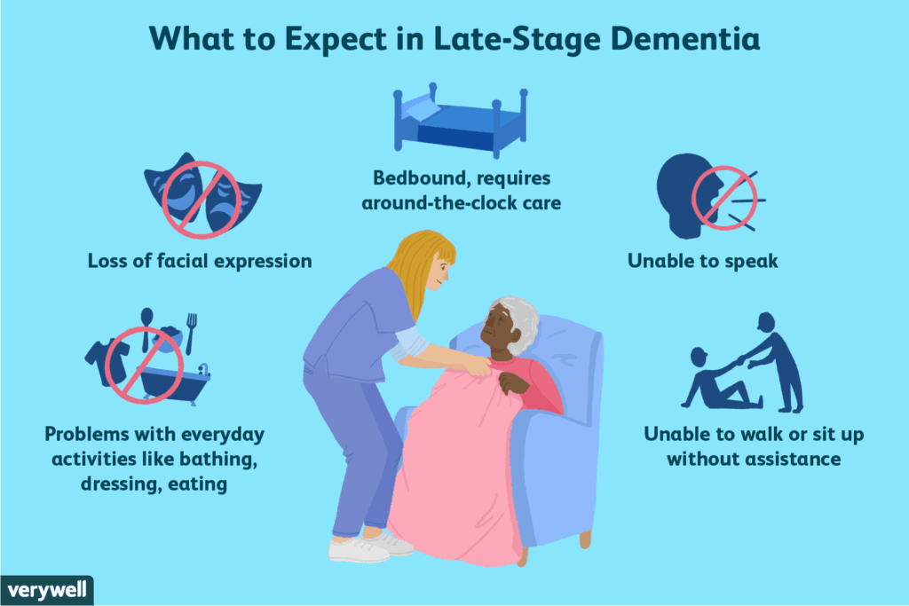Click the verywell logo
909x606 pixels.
[x=45, y=591]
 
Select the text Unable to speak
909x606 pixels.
[x=700, y=262]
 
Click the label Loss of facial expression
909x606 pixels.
[x=199, y=262]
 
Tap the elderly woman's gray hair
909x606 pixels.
[x=520, y=324]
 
